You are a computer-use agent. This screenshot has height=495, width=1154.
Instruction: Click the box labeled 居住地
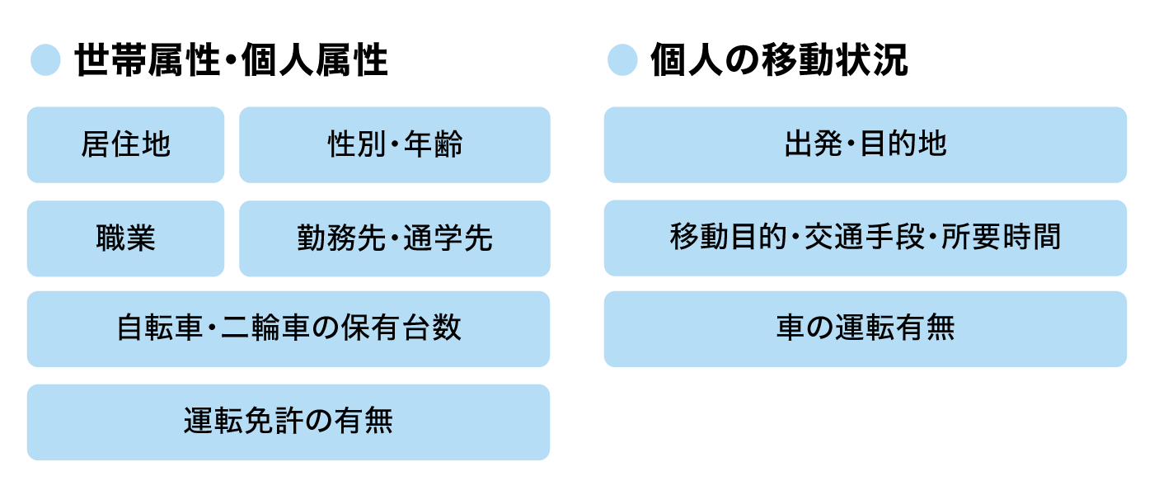tap(125, 144)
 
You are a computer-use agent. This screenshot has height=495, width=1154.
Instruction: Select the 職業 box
tap(125, 238)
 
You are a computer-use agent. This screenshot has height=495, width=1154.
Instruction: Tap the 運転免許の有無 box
tap(288, 422)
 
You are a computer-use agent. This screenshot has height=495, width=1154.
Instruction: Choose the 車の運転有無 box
tap(865, 328)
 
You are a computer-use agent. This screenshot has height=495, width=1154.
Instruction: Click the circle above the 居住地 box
tap(45, 60)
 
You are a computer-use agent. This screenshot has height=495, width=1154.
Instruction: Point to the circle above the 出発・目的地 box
tap(622, 60)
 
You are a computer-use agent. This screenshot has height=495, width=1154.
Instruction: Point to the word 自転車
tap(160, 328)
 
